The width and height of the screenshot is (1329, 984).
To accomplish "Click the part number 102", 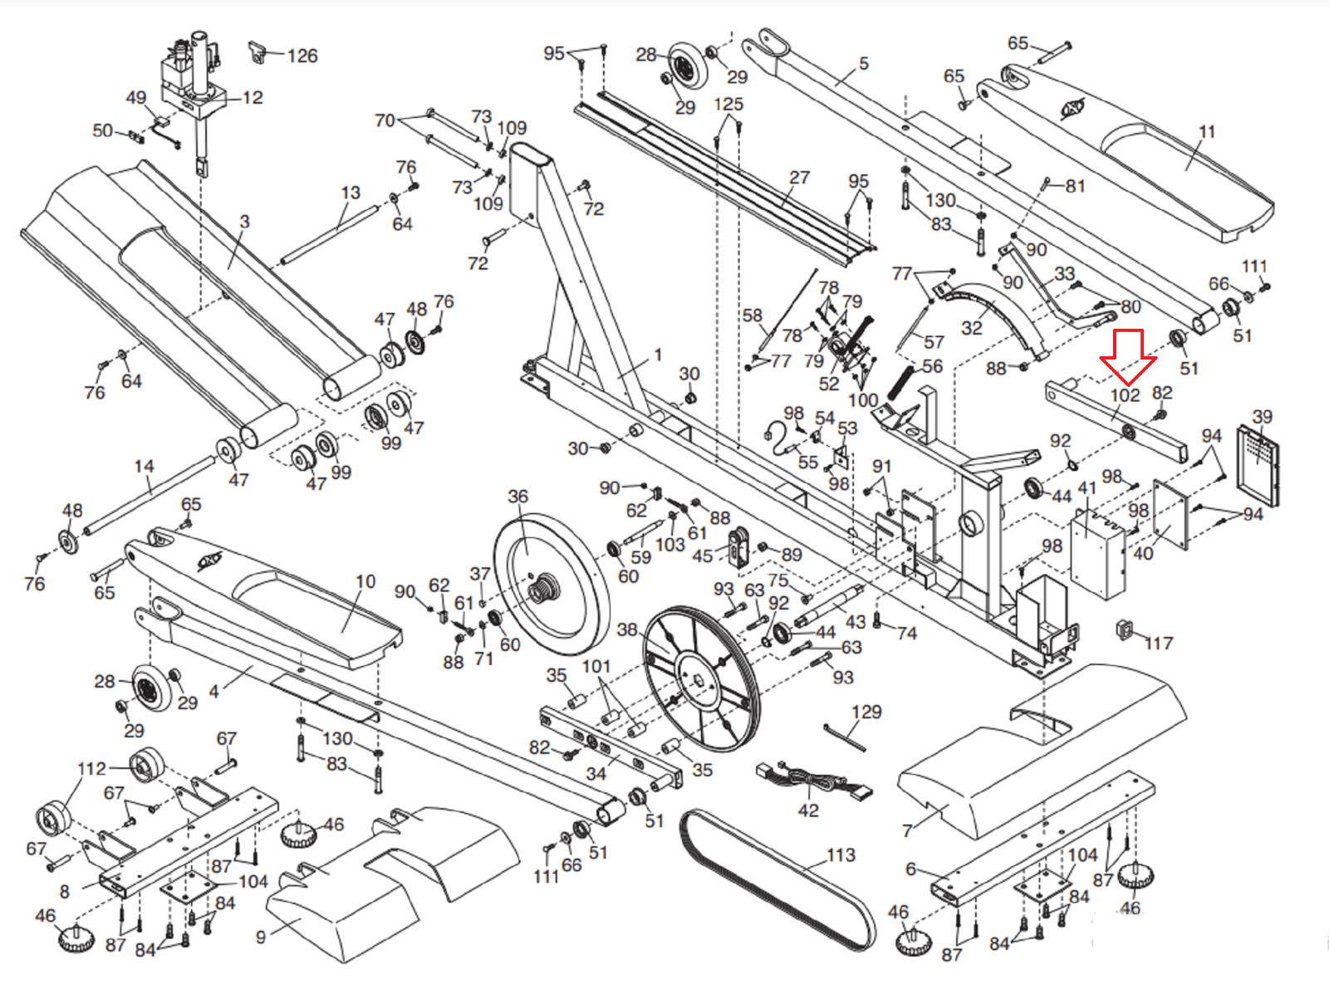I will [1125, 395].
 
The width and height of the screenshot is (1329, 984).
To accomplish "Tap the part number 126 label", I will [302, 56].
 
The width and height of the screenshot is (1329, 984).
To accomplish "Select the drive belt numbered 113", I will [777, 880].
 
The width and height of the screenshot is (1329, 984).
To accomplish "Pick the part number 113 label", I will [841, 854].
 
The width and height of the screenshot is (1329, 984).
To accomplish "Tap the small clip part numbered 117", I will [1125, 630].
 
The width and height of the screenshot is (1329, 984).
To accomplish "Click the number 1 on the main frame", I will [658, 355].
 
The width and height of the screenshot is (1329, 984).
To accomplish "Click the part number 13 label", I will [351, 193].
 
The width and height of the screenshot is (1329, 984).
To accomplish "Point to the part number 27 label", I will [799, 177].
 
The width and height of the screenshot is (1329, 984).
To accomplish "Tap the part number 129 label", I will [866, 712].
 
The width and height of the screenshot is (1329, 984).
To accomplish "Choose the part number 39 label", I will [1262, 416].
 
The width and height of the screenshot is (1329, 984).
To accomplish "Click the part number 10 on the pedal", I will [365, 581].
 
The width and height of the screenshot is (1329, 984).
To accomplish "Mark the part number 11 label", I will [1207, 131].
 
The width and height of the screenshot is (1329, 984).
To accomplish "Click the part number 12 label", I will [253, 97].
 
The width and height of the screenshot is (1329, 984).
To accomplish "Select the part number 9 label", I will [261, 937].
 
